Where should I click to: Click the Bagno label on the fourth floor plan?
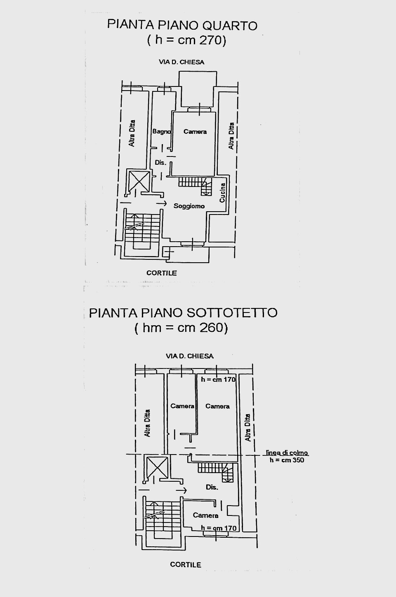click(161, 131)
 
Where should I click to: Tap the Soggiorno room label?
click(189, 206)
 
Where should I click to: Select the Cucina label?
click(222, 192)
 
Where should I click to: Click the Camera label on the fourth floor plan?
click(195, 132)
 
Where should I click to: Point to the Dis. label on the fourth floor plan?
click(161, 163)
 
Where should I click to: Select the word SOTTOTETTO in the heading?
click(231, 312)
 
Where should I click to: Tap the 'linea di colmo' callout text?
click(287, 453)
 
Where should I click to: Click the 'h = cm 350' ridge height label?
click(287, 460)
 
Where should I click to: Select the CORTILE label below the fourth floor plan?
click(162, 273)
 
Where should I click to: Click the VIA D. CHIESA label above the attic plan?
click(190, 356)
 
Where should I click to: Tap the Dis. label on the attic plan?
click(212, 487)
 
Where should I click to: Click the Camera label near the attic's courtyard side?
click(205, 515)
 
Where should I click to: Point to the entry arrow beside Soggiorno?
click(162, 204)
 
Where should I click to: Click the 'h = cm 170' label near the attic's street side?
click(218, 379)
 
